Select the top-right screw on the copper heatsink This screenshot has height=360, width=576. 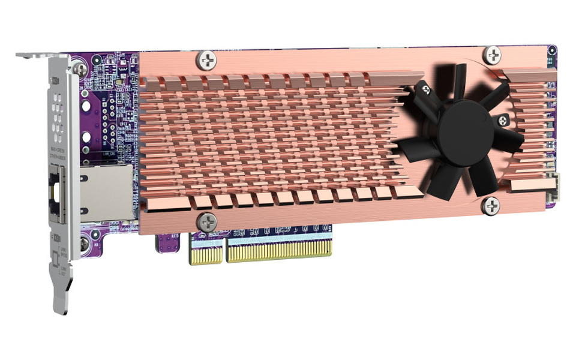click(493, 56)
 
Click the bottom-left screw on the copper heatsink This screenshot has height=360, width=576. click(207, 221)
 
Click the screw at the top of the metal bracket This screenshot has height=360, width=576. click(80, 70)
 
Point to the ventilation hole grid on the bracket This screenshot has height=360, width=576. click(58, 117)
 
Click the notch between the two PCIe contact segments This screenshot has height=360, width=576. click(224, 255)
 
